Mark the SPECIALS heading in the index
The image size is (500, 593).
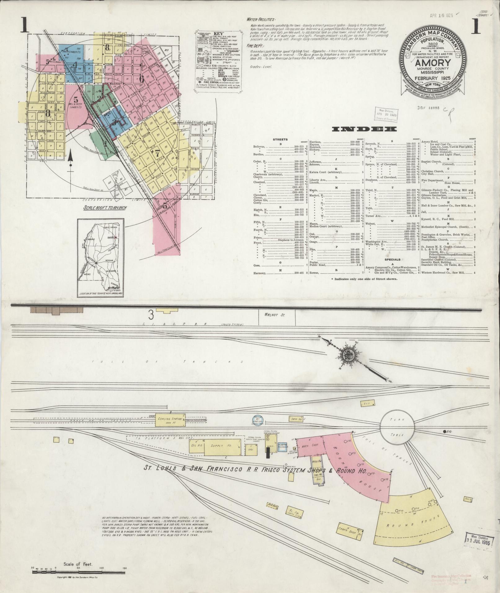(x=392, y=259)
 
